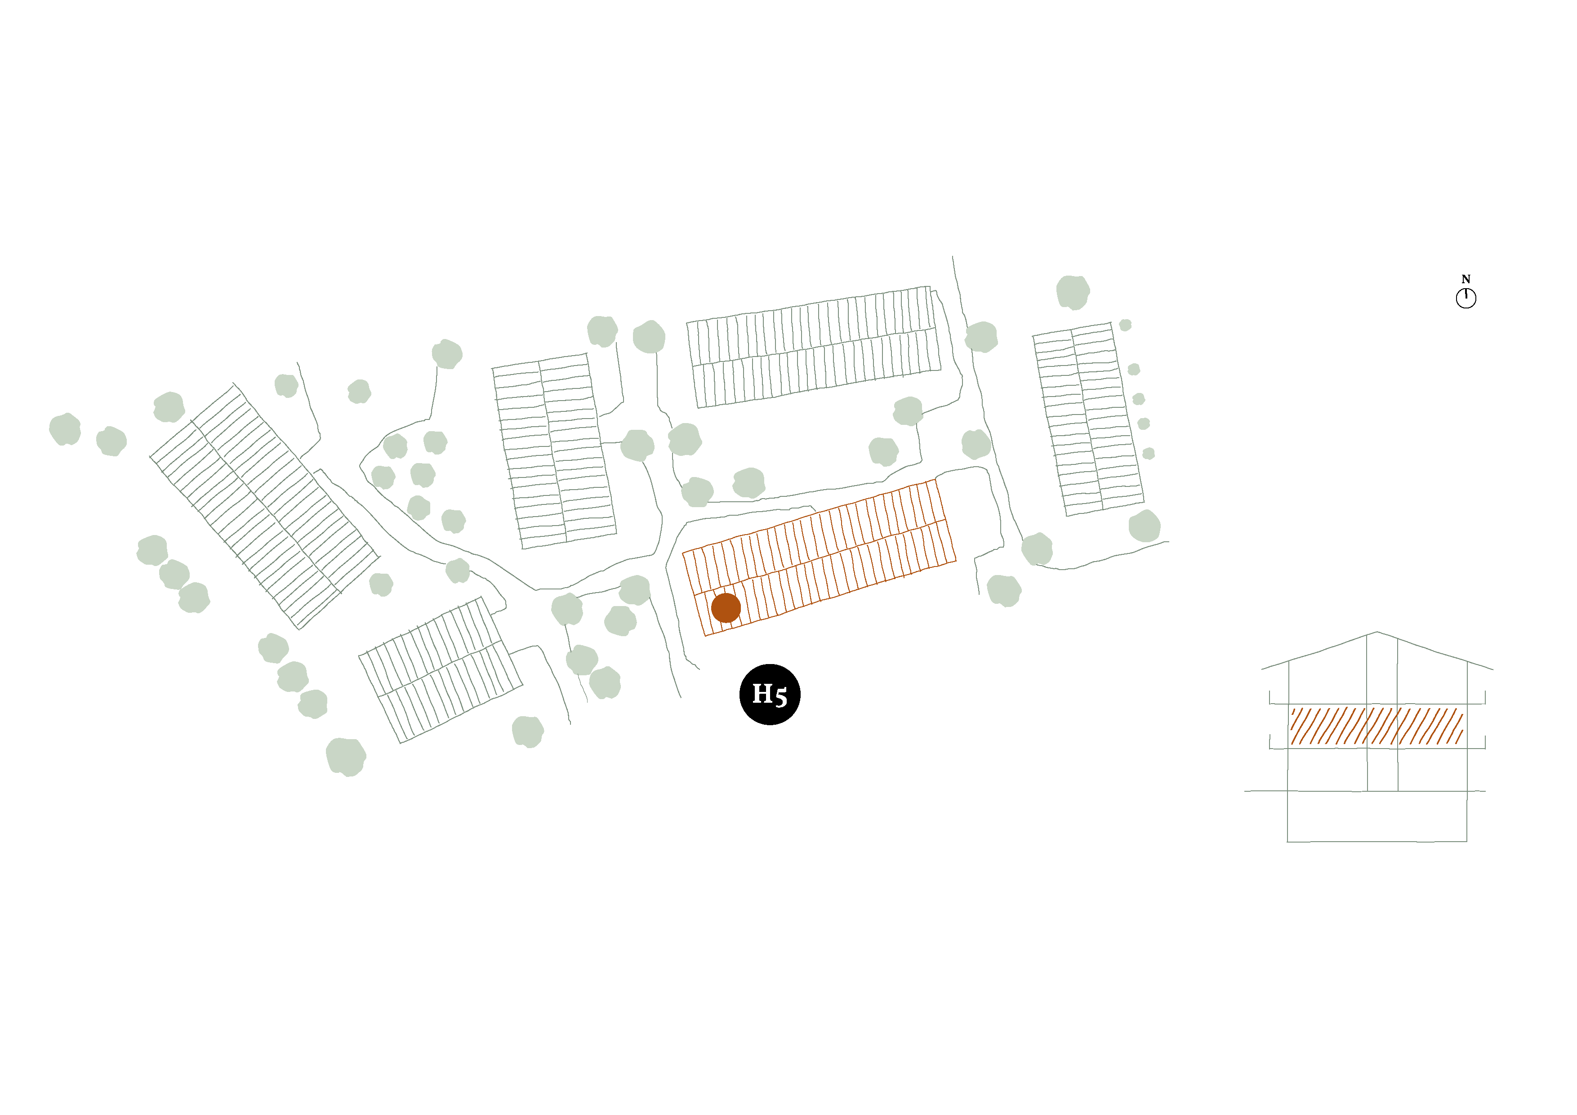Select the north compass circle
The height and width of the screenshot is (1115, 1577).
[1466, 298]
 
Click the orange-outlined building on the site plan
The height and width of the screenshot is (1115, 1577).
[819, 558]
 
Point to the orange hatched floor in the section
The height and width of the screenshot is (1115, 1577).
[1377, 726]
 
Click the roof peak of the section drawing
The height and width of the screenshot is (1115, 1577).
[1377, 632]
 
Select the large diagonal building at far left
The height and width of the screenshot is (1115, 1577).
[264, 506]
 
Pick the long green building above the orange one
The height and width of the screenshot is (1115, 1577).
[814, 347]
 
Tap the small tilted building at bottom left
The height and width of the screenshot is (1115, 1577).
[440, 670]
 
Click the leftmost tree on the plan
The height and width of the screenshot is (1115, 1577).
[65, 429]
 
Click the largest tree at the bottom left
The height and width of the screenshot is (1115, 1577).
[346, 757]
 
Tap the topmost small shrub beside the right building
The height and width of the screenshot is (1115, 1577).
[1125, 325]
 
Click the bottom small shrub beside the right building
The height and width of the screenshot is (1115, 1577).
[1149, 454]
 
